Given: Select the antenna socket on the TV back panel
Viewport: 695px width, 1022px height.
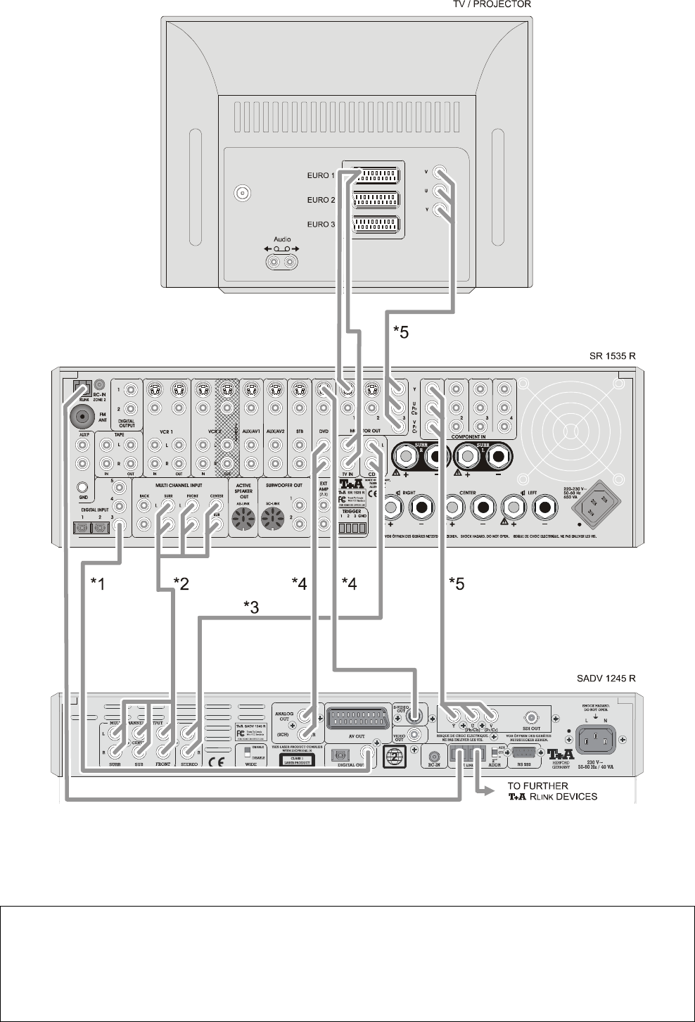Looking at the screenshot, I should point(243,192).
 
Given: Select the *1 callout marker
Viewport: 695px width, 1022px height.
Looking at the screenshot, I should point(98,583).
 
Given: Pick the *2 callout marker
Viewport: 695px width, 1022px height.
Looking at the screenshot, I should point(181,583).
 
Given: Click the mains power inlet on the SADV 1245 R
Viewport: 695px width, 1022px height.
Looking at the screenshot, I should point(595,738).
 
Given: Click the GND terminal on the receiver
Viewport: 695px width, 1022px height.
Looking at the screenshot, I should point(83,486).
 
